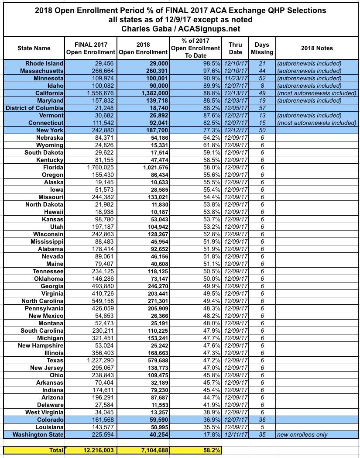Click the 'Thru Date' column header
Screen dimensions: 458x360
(235, 48)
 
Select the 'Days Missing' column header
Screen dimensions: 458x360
(262, 48)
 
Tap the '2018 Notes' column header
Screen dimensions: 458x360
(317, 48)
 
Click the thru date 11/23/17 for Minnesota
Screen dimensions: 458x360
(235, 78)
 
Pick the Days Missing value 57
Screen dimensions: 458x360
(262, 108)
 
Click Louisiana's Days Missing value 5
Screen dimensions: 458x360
(262, 427)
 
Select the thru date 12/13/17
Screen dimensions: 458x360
(235, 93)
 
